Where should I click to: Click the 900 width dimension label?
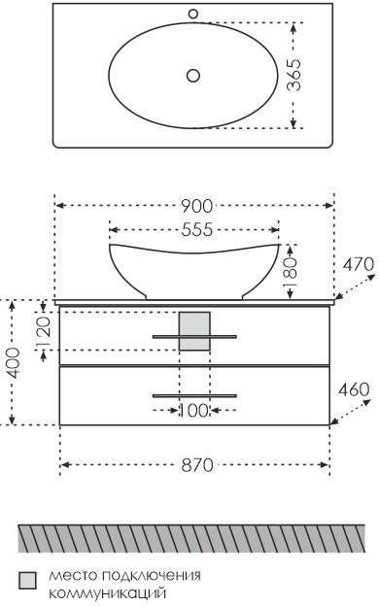click(197, 207)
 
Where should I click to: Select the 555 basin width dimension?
click(197, 229)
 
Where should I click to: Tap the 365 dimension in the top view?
click(293, 75)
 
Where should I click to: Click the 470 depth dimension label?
click(359, 265)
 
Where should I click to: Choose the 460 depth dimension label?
click(355, 389)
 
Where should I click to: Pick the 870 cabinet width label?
click(197, 465)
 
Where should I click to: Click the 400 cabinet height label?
click(14, 363)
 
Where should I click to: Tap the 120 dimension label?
click(44, 331)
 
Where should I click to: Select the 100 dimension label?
click(194, 411)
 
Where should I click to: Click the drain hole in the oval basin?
click(193, 76)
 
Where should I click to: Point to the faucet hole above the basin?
click(193, 15)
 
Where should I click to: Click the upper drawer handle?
click(194, 337)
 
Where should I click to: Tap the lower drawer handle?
click(194, 396)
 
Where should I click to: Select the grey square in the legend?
click(27, 581)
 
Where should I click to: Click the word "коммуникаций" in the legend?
click(108, 592)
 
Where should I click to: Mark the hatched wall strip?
click(191, 538)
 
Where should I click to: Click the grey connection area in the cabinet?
click(194, 331)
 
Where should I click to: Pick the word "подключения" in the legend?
click(152, 576)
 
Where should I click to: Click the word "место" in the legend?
click(73, 576)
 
